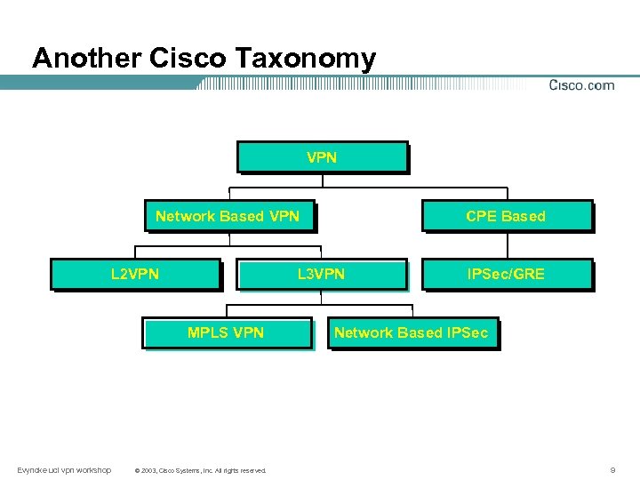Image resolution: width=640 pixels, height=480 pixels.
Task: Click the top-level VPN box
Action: coord(322,157)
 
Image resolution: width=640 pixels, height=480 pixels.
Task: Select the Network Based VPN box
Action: coord(228,216)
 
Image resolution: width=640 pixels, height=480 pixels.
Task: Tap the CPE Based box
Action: coord(506,216)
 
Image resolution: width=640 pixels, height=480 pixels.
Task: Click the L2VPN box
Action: coord(135,274)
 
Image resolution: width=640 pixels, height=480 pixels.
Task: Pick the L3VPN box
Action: coord(321,274)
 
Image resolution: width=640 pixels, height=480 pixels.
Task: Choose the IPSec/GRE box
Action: coord(506,274)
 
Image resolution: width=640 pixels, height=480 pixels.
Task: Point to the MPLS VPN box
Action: coord(227,333)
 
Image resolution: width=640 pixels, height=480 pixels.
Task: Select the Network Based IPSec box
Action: coord(411,333)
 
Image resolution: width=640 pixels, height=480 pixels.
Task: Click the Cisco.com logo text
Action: coord(581,85)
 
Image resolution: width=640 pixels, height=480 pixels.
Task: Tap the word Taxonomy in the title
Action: coord(307,59)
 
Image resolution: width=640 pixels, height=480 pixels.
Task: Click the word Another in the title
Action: coord(86,59)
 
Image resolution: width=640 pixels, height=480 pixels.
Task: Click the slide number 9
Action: coord(612,469)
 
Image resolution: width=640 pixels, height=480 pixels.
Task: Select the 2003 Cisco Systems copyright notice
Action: coord(199,470)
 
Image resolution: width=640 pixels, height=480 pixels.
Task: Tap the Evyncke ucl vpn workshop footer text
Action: coord(64,469)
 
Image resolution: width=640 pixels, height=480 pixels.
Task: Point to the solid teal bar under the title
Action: coord(98,83)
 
